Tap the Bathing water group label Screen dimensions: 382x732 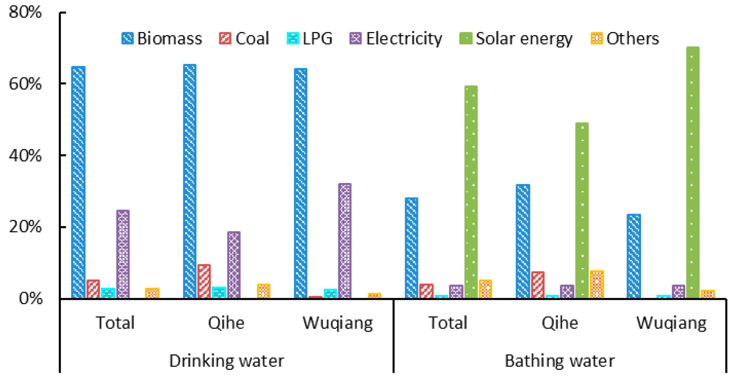(560, 361)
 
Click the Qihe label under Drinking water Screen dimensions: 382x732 (226, 323)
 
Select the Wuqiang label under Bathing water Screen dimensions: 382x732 (671, 323)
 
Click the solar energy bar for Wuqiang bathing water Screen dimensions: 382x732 (693, 172)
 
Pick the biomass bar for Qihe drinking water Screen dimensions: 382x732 (189, 181)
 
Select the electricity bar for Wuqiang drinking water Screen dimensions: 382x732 (345, 241)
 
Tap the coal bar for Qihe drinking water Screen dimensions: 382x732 (204, 281)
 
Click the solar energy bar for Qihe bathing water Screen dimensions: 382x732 (582, 210)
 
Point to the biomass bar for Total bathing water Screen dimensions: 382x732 (411, 248)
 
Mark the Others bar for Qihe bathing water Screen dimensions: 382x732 (597, 284)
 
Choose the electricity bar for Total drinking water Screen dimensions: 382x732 (123, 254)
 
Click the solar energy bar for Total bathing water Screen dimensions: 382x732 (471, 192)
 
